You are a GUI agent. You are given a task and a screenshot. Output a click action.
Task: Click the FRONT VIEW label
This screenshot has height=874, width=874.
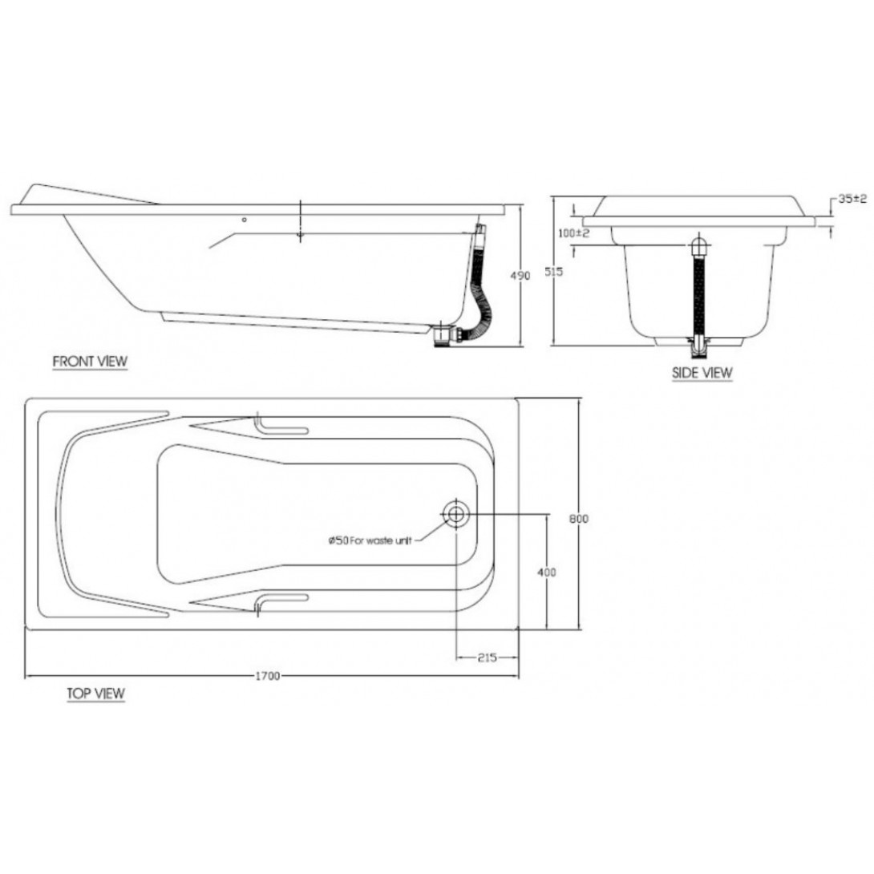(90, 362)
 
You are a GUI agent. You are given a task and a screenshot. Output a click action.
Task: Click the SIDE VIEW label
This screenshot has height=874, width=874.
(702, 372)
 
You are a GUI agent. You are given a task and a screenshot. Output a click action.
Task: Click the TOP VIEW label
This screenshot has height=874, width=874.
(95, 694)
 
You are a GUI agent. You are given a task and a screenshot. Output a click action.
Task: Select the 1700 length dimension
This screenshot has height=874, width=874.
(267, 676)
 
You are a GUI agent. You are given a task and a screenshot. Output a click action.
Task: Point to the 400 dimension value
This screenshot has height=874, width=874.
(547, 572)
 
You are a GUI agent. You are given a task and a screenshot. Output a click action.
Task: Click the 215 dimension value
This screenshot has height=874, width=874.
(487, 658)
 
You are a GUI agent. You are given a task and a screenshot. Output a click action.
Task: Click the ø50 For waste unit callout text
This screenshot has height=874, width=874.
(370, 542)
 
